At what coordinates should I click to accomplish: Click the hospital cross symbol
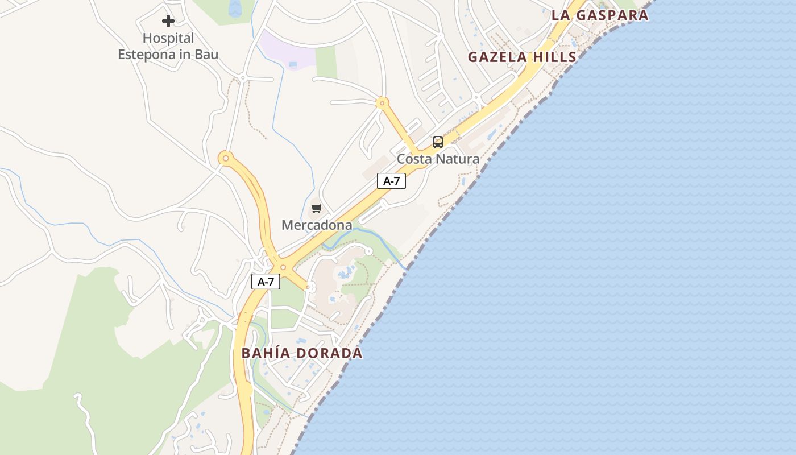coord(168,21)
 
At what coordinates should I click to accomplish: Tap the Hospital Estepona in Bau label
coord(168,47)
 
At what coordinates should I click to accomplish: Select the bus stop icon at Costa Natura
coord(437,142)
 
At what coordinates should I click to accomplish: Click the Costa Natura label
coord(438,159)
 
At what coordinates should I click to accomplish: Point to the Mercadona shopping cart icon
coord(316,208)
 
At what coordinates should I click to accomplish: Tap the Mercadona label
coord(317,225)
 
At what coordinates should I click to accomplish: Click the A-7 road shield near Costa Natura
coord(391,181)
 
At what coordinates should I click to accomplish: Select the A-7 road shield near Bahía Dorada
coord(266,281)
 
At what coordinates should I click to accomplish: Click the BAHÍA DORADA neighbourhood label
coord(302,353)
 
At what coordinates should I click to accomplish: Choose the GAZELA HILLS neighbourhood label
coord(522,57)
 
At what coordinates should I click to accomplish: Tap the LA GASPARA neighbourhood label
coord(600,15)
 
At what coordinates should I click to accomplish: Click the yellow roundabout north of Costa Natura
coord(382,104)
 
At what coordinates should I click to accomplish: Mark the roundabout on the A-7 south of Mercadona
coord(283,267)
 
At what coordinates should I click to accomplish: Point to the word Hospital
coord(168,38)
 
